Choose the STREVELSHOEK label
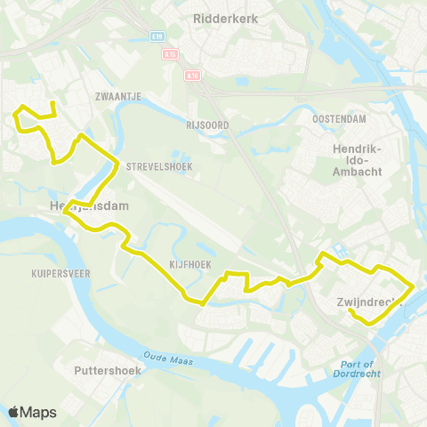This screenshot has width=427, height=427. pos(154,165)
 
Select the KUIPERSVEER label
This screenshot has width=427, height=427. pos(60,274)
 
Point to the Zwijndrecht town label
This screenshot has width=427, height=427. pos(370,302)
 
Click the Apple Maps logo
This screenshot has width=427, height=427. pos(32,412)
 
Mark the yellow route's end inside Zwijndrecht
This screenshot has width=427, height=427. pos(351,312)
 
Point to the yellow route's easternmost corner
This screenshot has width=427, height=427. pos(415,286)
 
